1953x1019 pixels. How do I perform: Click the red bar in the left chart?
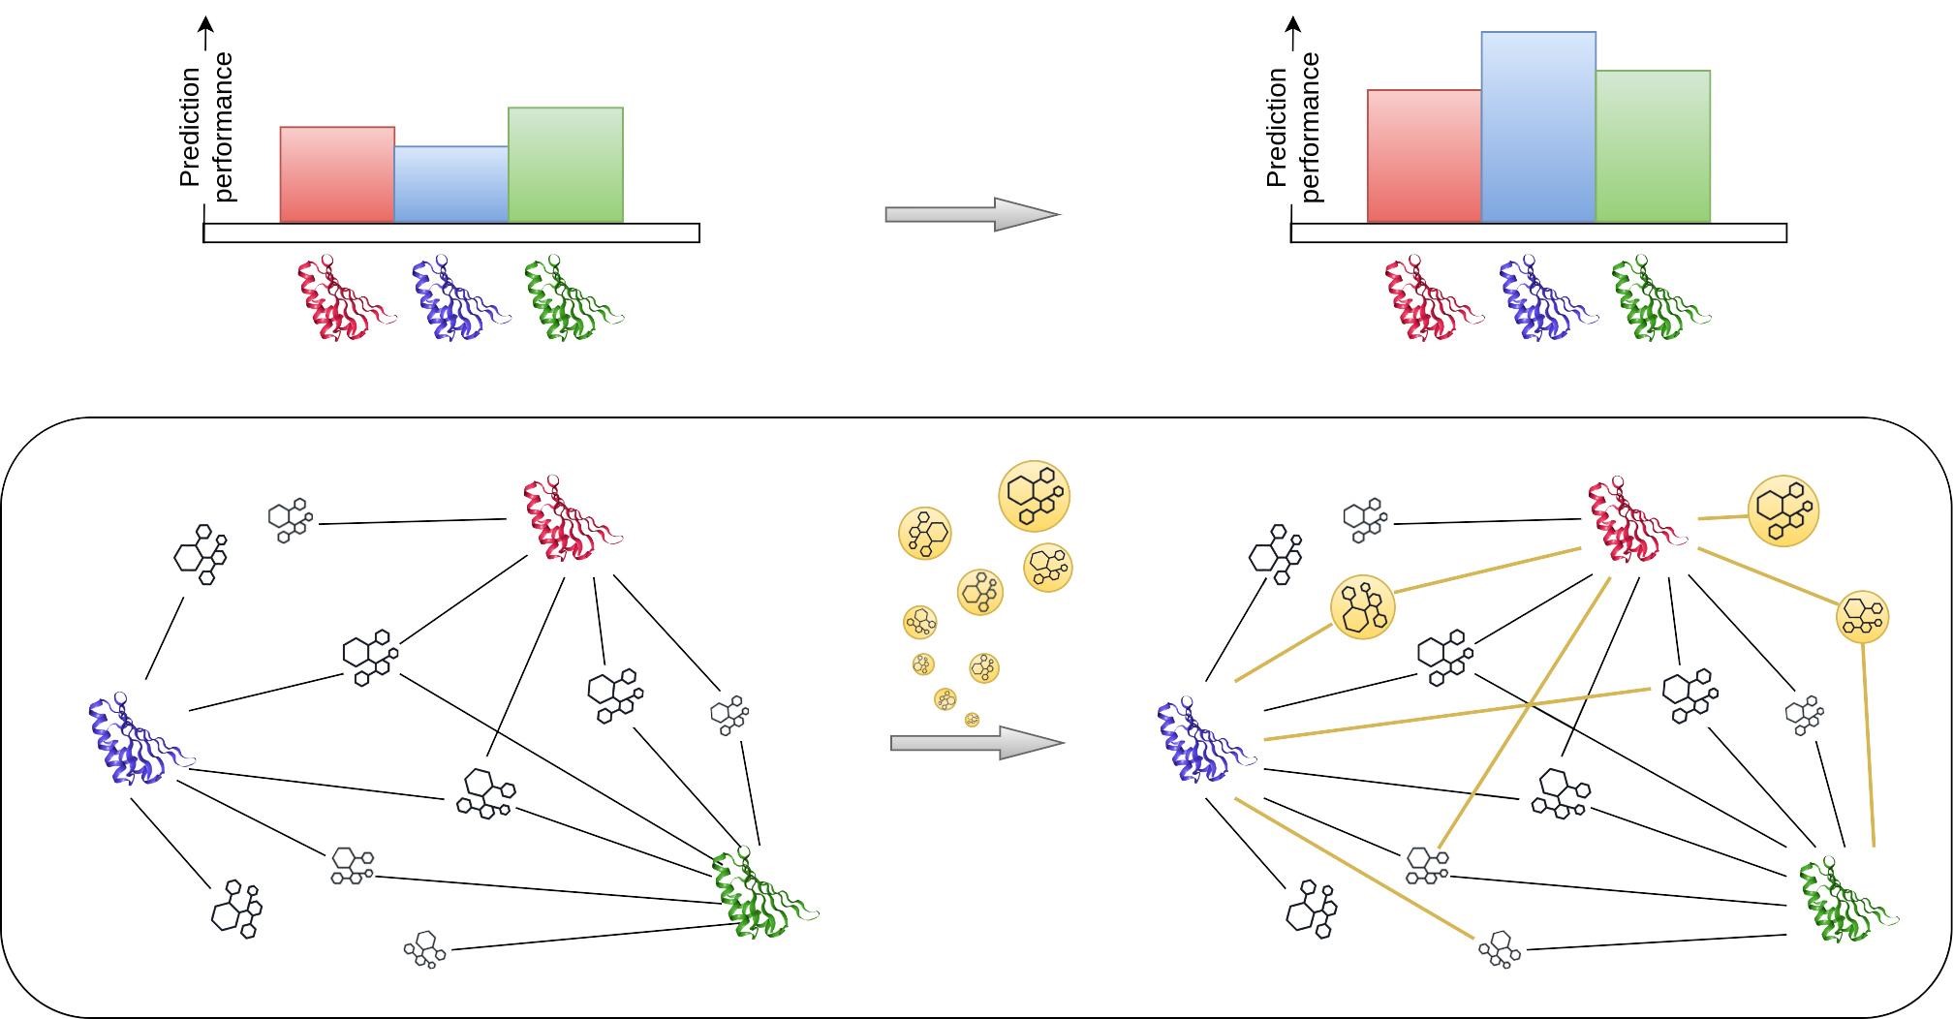click(x=337, y=174)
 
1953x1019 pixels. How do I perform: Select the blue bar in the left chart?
click(x=451, y=184)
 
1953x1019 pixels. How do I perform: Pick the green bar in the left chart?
click(x=566, y=165)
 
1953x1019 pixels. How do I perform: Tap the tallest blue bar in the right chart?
click(x=1538, y=127)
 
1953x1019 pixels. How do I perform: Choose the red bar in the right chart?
click(x=1424, y=156)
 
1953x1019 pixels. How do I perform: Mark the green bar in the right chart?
click(x=1653, y=146)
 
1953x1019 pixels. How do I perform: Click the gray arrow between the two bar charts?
click(x=973, y=214)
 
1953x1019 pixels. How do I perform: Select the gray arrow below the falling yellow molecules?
click(x=977, y=743)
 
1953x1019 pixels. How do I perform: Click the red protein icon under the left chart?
click(x=346, y=297)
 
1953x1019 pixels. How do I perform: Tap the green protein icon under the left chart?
click(x=573, y=297)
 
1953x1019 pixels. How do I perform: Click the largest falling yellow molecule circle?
click(x=1034, y=496)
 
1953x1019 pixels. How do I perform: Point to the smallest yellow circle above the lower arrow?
click(x=973, y=720)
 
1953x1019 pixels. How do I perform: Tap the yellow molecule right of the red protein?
click(x=1783, y=511)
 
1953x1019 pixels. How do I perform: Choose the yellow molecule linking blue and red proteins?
click(x=1363, y=607)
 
